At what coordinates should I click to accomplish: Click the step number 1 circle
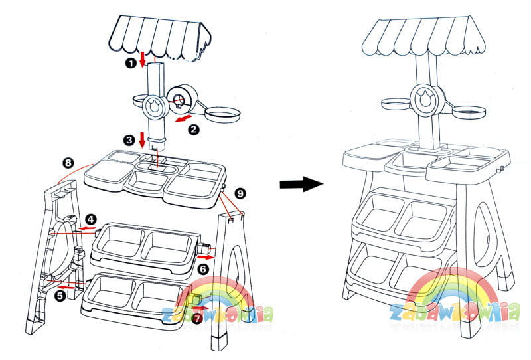tap(131, 63)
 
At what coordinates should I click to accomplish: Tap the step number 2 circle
tap(193, 130)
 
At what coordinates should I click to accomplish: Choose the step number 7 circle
tap(196, 319)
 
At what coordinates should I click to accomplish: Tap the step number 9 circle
tap(240, 193)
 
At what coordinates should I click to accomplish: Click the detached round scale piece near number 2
tap(180, 101)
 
